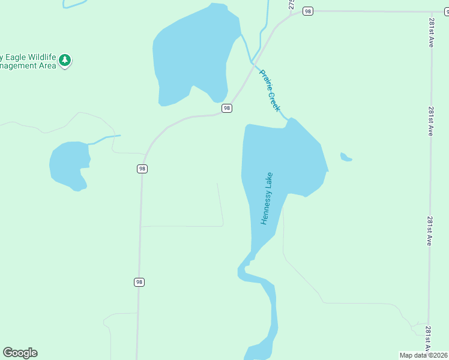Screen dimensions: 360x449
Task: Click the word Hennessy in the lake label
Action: click(265, 207)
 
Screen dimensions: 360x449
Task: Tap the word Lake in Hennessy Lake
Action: click(270, 179)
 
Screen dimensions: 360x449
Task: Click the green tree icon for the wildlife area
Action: click(65, 60)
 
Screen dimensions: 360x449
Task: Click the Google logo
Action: click(20, 353)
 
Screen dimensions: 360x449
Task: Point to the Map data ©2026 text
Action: click(423, 355)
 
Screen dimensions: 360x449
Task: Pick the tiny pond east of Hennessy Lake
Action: click(345, 158)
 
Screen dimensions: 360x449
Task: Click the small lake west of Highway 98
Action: click(68, 164)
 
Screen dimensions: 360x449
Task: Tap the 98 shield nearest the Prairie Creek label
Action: click(226, 108)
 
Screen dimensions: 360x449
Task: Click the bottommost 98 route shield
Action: click(139, 282)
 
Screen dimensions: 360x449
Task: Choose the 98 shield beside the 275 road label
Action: click(308, 11)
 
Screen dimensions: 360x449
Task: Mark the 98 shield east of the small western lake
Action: click(142, 169)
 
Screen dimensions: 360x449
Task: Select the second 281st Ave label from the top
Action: click(431, 122)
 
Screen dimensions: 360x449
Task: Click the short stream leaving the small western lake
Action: click(104, 139)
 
